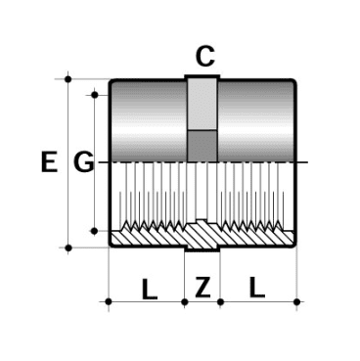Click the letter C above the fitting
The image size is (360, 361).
pyautogui.click(x=203, y=57)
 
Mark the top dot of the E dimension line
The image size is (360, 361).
pyautogui.click(x=67, y=78)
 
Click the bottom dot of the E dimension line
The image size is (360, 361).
pyautogui.click(x=67, y=248)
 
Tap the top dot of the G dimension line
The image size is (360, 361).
pyautogui.click(x=95, y=95)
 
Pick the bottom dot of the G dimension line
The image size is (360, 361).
pyautogui.click(x=95, y=231)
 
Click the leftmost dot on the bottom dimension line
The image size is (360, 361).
pyautogui.click(x=108, y=302)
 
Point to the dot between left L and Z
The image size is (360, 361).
pyautogui.click(x=185, y=302)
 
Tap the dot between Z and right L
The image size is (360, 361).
pyautogui.click(x=219, y=302)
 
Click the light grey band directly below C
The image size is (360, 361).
pyautogui.click(x=202, y=103)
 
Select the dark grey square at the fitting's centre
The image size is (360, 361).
pyautogui.click(x=202, y=144)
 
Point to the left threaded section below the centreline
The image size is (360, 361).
pyautogui.click(x=147, y=196)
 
